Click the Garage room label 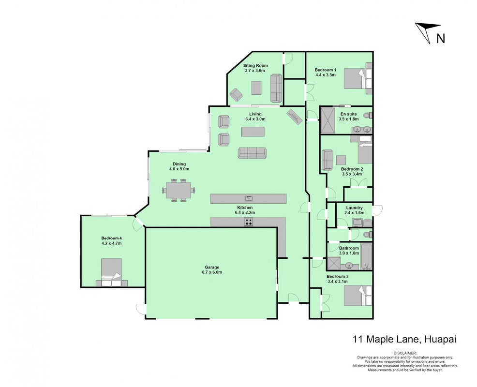[212, 268]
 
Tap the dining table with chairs [179, 190]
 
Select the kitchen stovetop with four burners [249, 222]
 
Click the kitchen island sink [249, 199]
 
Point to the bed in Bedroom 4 [112, 272]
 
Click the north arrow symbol [428, 31]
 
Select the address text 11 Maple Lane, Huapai [404, 339]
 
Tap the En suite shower [328, 120]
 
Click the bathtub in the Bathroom [366, 256]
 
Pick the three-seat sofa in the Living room [252, 153]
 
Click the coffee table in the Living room [253, 132]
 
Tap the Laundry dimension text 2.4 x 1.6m [355, 213]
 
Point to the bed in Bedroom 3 [358, 296]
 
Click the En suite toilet [368, 116]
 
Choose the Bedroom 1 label [326, 70]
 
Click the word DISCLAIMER [405, 353]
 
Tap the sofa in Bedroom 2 [328, 160]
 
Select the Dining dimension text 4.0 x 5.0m [179, 169]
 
